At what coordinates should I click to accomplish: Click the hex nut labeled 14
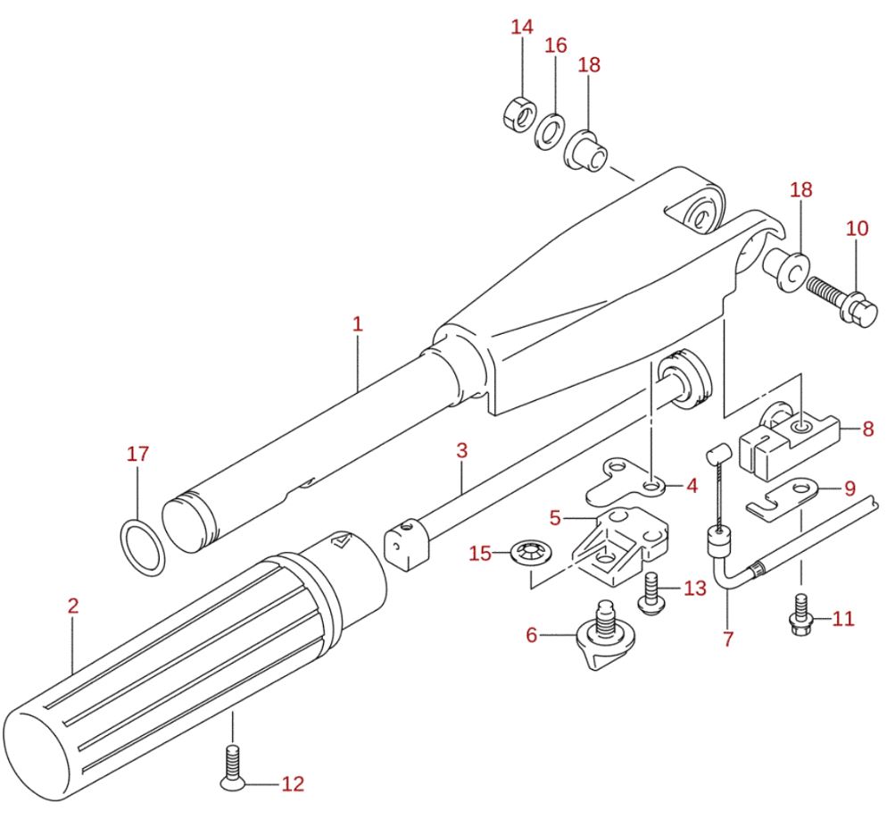pyautogui.click(x=518, y=113)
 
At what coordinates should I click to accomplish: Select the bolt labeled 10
pyautogui.click(x=844, y=299)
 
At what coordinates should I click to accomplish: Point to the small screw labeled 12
pyautogui.click(x=232, y=767)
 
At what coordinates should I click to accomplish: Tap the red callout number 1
pyautogui.click(x=358, y=323)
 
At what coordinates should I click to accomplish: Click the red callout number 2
pyautogui.click(x=73, y=606)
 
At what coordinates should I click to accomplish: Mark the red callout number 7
pyautogui.click(x=728, y=639)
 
